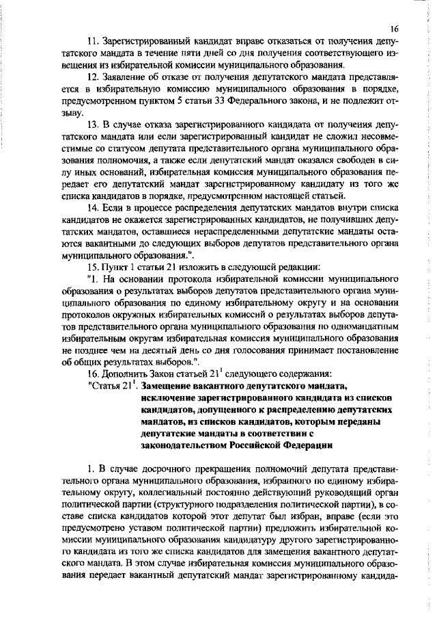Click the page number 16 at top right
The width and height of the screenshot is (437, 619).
[395, 30]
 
